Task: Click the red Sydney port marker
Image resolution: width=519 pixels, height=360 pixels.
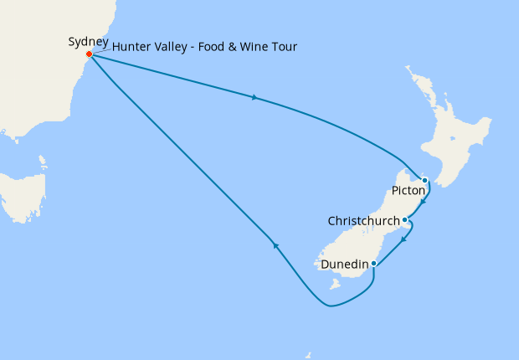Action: tap(90, 55)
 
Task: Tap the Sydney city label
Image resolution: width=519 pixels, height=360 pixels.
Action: tap(88, 41)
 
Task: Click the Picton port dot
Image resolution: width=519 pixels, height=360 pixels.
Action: tap(424, 180)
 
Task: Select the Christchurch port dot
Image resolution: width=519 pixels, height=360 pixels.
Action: tap(405, 221)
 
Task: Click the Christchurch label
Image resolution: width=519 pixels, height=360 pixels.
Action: tap(365, 222)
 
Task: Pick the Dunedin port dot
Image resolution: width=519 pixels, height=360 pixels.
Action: tap(373, 265)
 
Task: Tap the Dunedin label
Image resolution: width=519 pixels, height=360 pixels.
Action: tap(345, 265)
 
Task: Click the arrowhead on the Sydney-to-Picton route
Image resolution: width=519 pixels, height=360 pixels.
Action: tap(253, 98)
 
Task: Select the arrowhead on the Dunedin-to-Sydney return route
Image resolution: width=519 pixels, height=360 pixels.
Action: tap(274, 245)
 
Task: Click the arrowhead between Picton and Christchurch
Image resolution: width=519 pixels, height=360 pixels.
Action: tap(424, 201)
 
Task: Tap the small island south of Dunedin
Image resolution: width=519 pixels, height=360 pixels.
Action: tap(337, 285)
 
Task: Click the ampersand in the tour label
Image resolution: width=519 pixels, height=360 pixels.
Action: tap(222, 46)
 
